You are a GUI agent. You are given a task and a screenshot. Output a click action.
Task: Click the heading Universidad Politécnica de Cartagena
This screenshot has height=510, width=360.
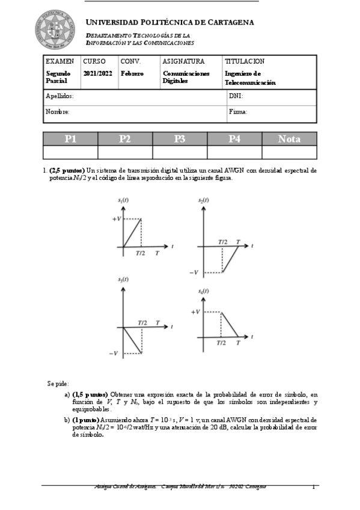coord(170,22)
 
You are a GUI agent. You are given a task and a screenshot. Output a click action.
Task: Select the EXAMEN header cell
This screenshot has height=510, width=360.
coord(60,61)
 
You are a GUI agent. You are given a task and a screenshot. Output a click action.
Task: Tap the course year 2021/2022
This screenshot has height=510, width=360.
coord(97,73)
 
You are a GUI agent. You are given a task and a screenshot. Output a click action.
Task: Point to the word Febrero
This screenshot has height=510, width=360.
coord(132,73)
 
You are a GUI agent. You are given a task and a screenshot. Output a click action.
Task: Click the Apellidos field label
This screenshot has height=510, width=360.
coord(59,96)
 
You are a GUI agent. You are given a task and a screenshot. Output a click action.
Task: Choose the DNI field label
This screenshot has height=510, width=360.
coord(236,96)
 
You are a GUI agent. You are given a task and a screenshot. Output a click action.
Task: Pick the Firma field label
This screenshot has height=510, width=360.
coord(238,112)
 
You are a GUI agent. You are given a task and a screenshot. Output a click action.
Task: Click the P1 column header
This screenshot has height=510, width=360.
coord(70,139)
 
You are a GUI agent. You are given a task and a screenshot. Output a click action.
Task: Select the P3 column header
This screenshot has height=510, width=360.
coord(179,139)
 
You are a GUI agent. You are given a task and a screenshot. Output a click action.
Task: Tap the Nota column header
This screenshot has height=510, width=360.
coord(289,139)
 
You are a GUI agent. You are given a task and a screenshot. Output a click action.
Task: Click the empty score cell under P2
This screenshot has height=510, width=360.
coord(125,152)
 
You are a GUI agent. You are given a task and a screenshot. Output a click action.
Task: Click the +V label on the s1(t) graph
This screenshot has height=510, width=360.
coord(116,219)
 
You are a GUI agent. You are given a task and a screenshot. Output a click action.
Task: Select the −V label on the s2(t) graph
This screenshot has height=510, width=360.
coord(193,272)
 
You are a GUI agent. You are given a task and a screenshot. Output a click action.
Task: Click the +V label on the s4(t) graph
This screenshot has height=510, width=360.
coord(195,312)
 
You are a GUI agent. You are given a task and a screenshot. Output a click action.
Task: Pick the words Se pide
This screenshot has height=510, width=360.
coord(58,383)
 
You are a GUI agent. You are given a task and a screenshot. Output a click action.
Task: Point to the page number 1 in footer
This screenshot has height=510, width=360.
coord(313,487)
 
